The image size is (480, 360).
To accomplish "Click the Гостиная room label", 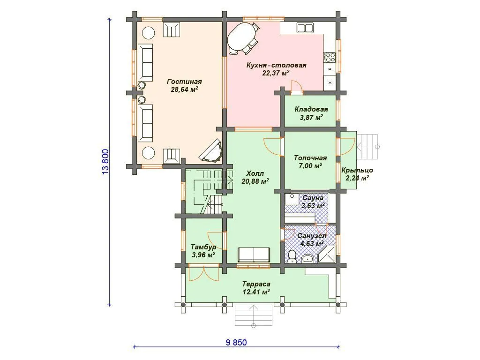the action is click(x=184, y=82).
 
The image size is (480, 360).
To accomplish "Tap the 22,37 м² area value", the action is click(x=276, y=73).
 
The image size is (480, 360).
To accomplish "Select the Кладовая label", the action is click(x=311, y=109).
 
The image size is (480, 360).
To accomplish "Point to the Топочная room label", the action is click(x=310, y=158).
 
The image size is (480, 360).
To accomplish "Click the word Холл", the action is click(x=255, y=173).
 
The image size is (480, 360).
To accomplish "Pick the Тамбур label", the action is click(x=203, y=247).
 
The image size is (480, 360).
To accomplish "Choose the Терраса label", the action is click(x=256, y=284).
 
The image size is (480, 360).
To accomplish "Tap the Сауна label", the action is click(x=313, y=198).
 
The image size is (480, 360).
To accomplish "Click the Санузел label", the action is click(x=312, y=236).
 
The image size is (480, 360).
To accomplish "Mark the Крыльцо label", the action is click(x=357, y=171).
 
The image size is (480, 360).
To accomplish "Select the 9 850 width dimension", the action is click(x=236, y=342).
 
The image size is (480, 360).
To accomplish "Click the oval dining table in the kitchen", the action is click(x=242, y=38).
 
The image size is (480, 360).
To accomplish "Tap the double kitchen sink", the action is click(x=305, y=28).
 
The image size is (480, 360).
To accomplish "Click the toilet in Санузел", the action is click(x=292, y=256).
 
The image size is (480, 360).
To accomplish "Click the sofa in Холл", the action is click(x=254, y=255).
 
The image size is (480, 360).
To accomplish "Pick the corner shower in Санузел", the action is click(x=327, y=254).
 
